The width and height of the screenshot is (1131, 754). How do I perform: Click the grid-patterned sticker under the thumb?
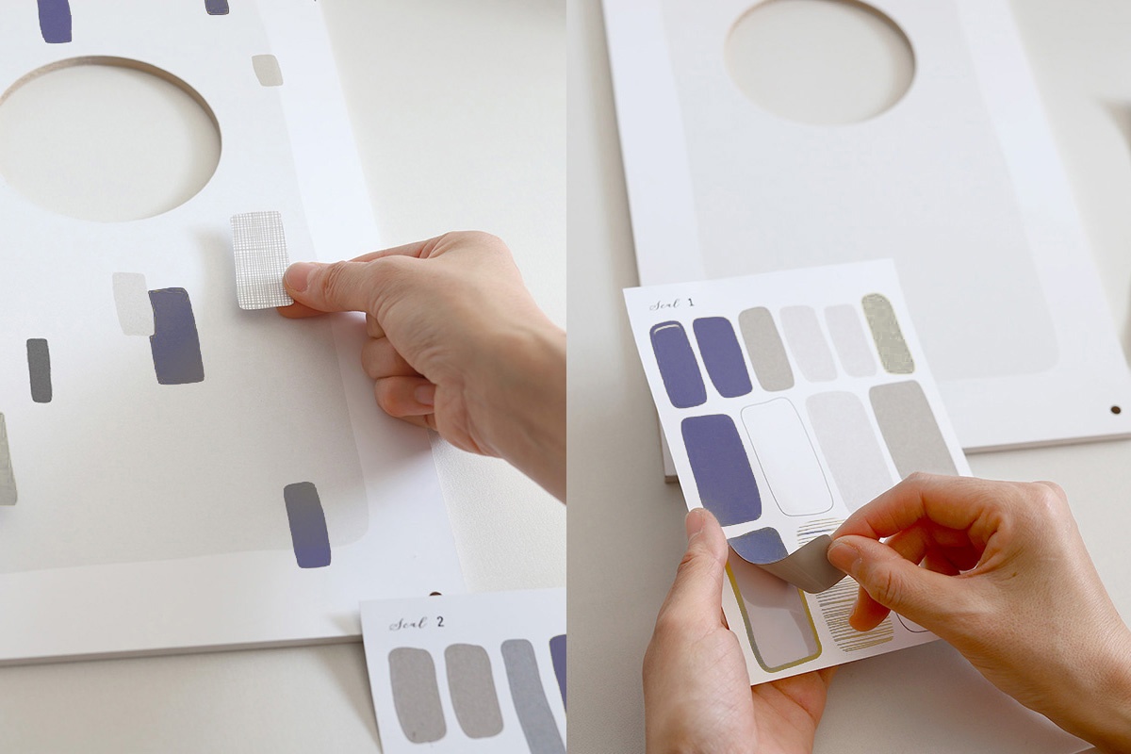click(x=261, y=259)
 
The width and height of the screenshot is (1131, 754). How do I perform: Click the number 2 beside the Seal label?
click(x=440, y=622)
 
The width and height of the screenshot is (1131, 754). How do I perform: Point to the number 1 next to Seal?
click(x=690, y=303)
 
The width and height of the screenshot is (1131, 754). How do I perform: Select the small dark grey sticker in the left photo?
click(x=39, y=370)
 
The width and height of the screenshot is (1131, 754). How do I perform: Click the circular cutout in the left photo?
click(x=108, y=139)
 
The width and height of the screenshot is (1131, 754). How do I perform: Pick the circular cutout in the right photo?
click(x=819, y=60)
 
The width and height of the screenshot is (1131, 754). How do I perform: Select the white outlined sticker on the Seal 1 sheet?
click(x=787, y=456)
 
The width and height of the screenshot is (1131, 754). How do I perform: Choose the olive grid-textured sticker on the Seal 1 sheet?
click(x=888, y=334)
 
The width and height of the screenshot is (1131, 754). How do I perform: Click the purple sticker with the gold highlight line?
click(x=678, y=364)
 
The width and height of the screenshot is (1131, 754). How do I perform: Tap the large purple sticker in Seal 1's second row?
click(x=721, y=469)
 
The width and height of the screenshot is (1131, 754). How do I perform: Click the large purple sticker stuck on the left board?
click(x=176, y=336)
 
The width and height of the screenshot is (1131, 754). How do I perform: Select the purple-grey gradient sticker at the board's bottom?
click(x=307, y=525)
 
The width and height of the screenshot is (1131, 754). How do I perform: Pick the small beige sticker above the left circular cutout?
click(x=267, y=70)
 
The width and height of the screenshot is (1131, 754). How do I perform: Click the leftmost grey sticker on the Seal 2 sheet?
click(x=417, y=696)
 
